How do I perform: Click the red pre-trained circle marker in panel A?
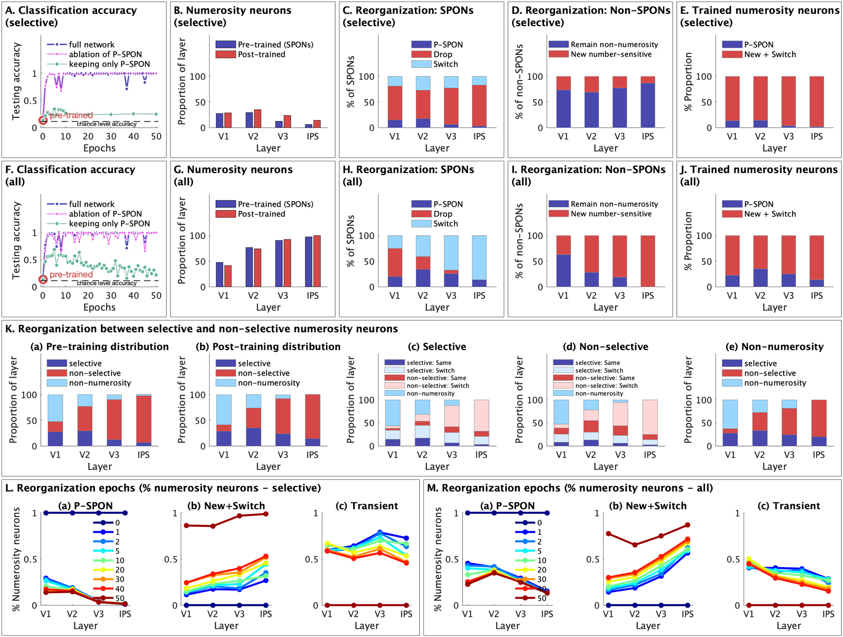[x=43, y=121]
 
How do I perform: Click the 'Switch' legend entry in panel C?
[x=446, y=64]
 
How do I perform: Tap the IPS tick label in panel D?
[x=647, y=137]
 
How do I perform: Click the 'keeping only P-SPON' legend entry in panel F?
[x=109, y=223]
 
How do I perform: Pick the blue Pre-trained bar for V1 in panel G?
[x=220, y=274]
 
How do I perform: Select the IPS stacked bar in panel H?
[x=479, y=261]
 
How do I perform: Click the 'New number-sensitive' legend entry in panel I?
[x=611, y=214]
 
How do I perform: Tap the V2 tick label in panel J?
[x=760, y=296]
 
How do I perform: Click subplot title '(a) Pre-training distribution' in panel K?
[x=99, y=347]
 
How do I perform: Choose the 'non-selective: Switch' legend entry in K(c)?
[x=438, y=386]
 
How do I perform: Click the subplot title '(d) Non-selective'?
[x=605, y=347]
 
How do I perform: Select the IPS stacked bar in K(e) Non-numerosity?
[x=819, y=422]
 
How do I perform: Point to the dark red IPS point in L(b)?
[x=266, y=514]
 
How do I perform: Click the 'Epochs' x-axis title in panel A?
[x=99, y=148]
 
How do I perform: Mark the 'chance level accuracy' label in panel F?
[x=106, y=283]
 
